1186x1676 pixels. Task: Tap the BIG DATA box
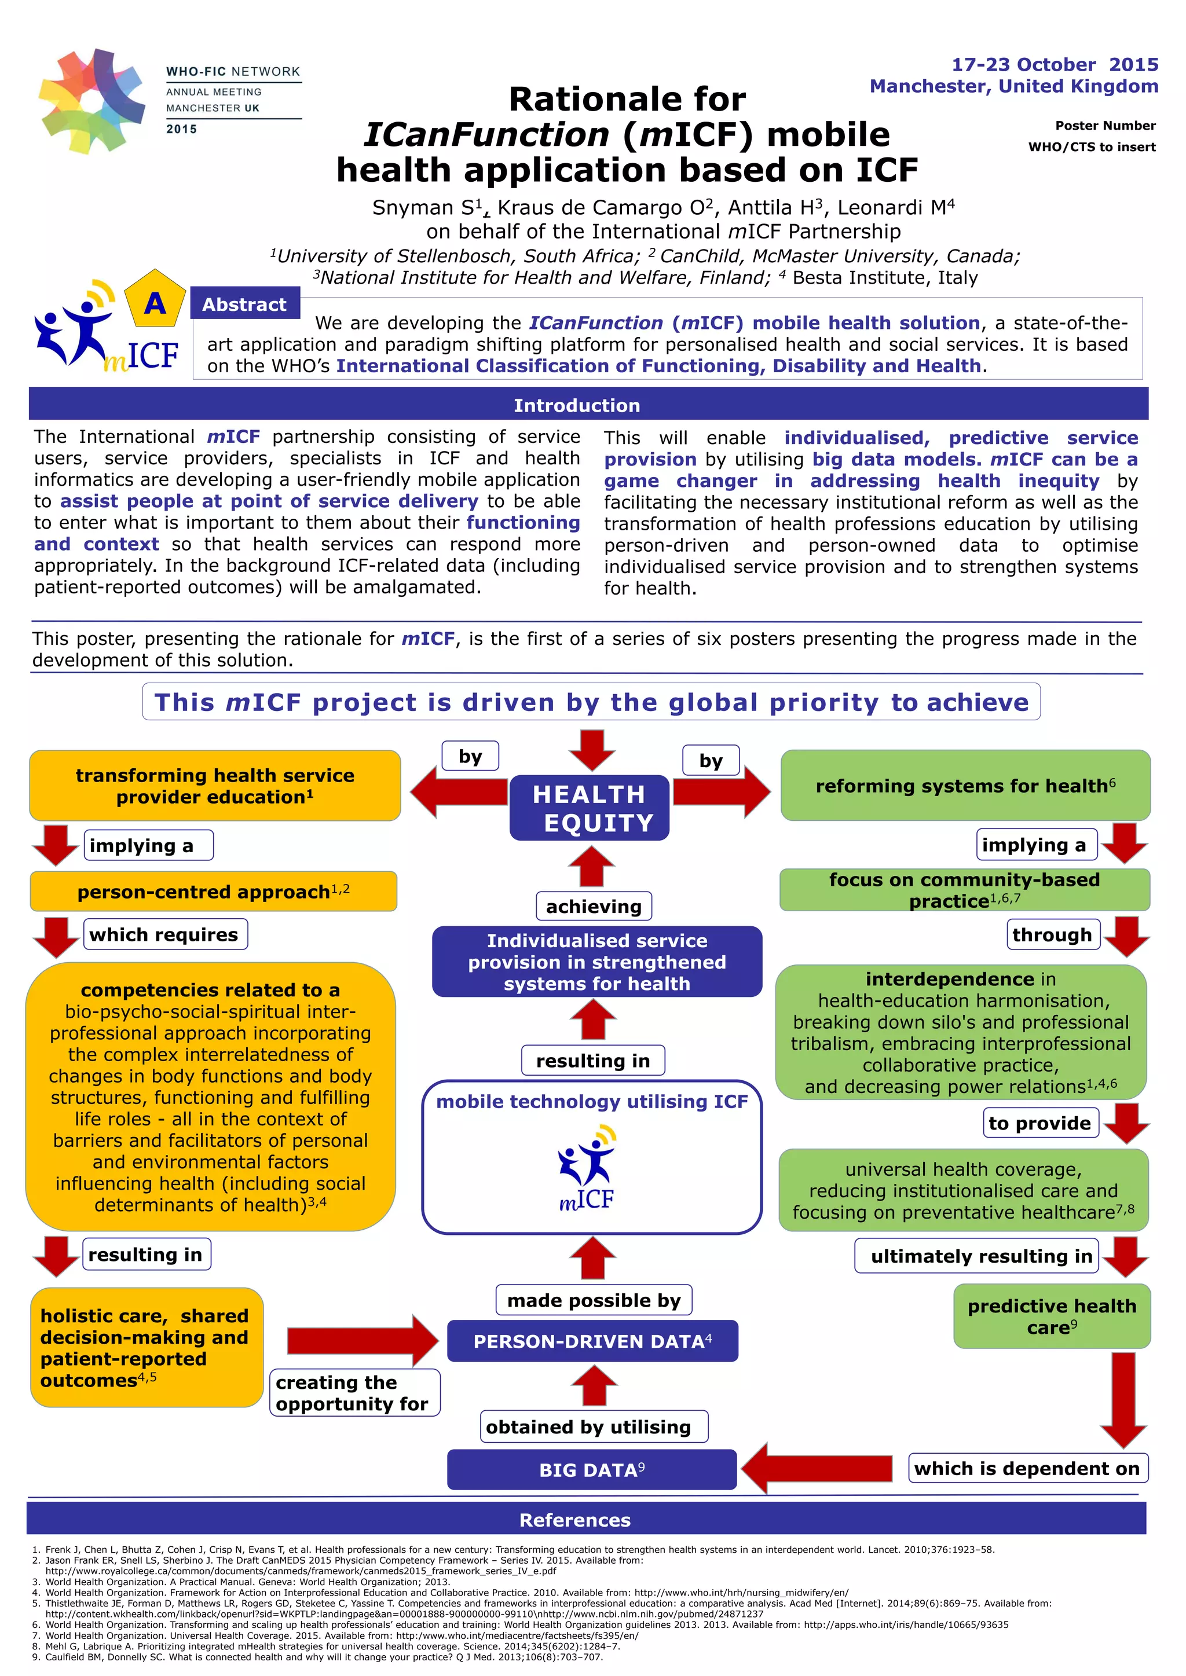point(591,1469)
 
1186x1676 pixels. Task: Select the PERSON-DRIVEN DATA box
point(592,1341)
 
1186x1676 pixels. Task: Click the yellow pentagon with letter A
point(154,300)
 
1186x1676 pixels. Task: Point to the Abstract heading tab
point(244,305)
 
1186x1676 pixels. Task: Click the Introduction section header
point(576,405)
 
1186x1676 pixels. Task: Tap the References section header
point(574,1520)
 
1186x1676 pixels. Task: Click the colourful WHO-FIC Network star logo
point(91,100)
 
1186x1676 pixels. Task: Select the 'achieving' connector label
point(593,906)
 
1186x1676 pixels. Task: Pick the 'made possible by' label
point(593,1300)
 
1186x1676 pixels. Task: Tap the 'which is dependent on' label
point(1026,1468)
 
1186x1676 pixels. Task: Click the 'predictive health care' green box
point(1051,1316)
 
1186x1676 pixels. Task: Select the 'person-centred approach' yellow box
point(213,892)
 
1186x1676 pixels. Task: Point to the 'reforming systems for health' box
point(965,786)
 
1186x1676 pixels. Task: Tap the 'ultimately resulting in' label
point(981,1256)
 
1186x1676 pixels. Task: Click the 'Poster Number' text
point(1104,126)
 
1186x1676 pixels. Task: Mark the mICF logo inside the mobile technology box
point(588,1169)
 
